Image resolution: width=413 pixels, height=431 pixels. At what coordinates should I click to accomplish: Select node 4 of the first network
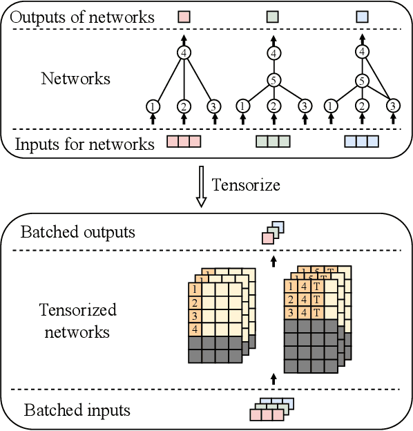click(184, 52)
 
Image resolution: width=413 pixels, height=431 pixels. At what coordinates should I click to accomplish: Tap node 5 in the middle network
click(273, 81)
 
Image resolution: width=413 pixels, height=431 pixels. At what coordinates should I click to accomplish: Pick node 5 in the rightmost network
click(362, 81)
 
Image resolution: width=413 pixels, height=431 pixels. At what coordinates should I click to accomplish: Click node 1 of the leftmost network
click(153, 106)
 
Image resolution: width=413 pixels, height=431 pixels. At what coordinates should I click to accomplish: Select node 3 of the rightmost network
click(392, 106)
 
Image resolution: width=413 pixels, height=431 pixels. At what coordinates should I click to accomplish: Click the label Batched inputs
click(77, 410)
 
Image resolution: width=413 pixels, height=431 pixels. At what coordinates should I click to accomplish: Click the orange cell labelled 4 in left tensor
click(196, 329)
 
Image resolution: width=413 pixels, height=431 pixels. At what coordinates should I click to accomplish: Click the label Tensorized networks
click(77, 320)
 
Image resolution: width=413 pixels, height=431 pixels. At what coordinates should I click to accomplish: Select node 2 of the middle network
click(273, 106)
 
